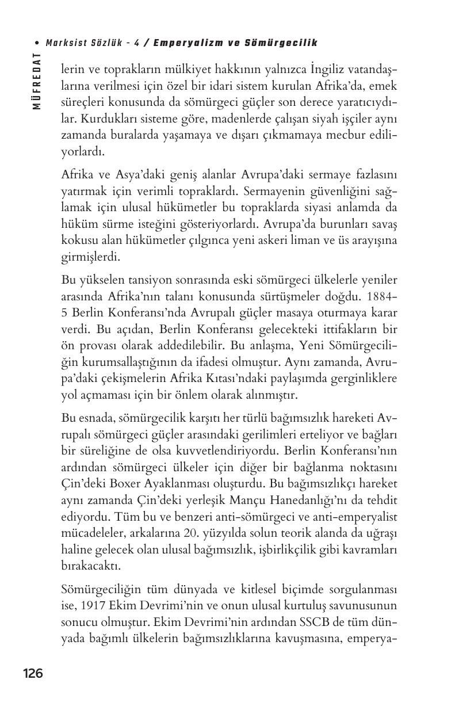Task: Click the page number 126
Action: (33, 673)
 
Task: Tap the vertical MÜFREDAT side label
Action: (37, 81)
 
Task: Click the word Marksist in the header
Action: (64, 43)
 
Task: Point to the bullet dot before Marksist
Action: (37, 44)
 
